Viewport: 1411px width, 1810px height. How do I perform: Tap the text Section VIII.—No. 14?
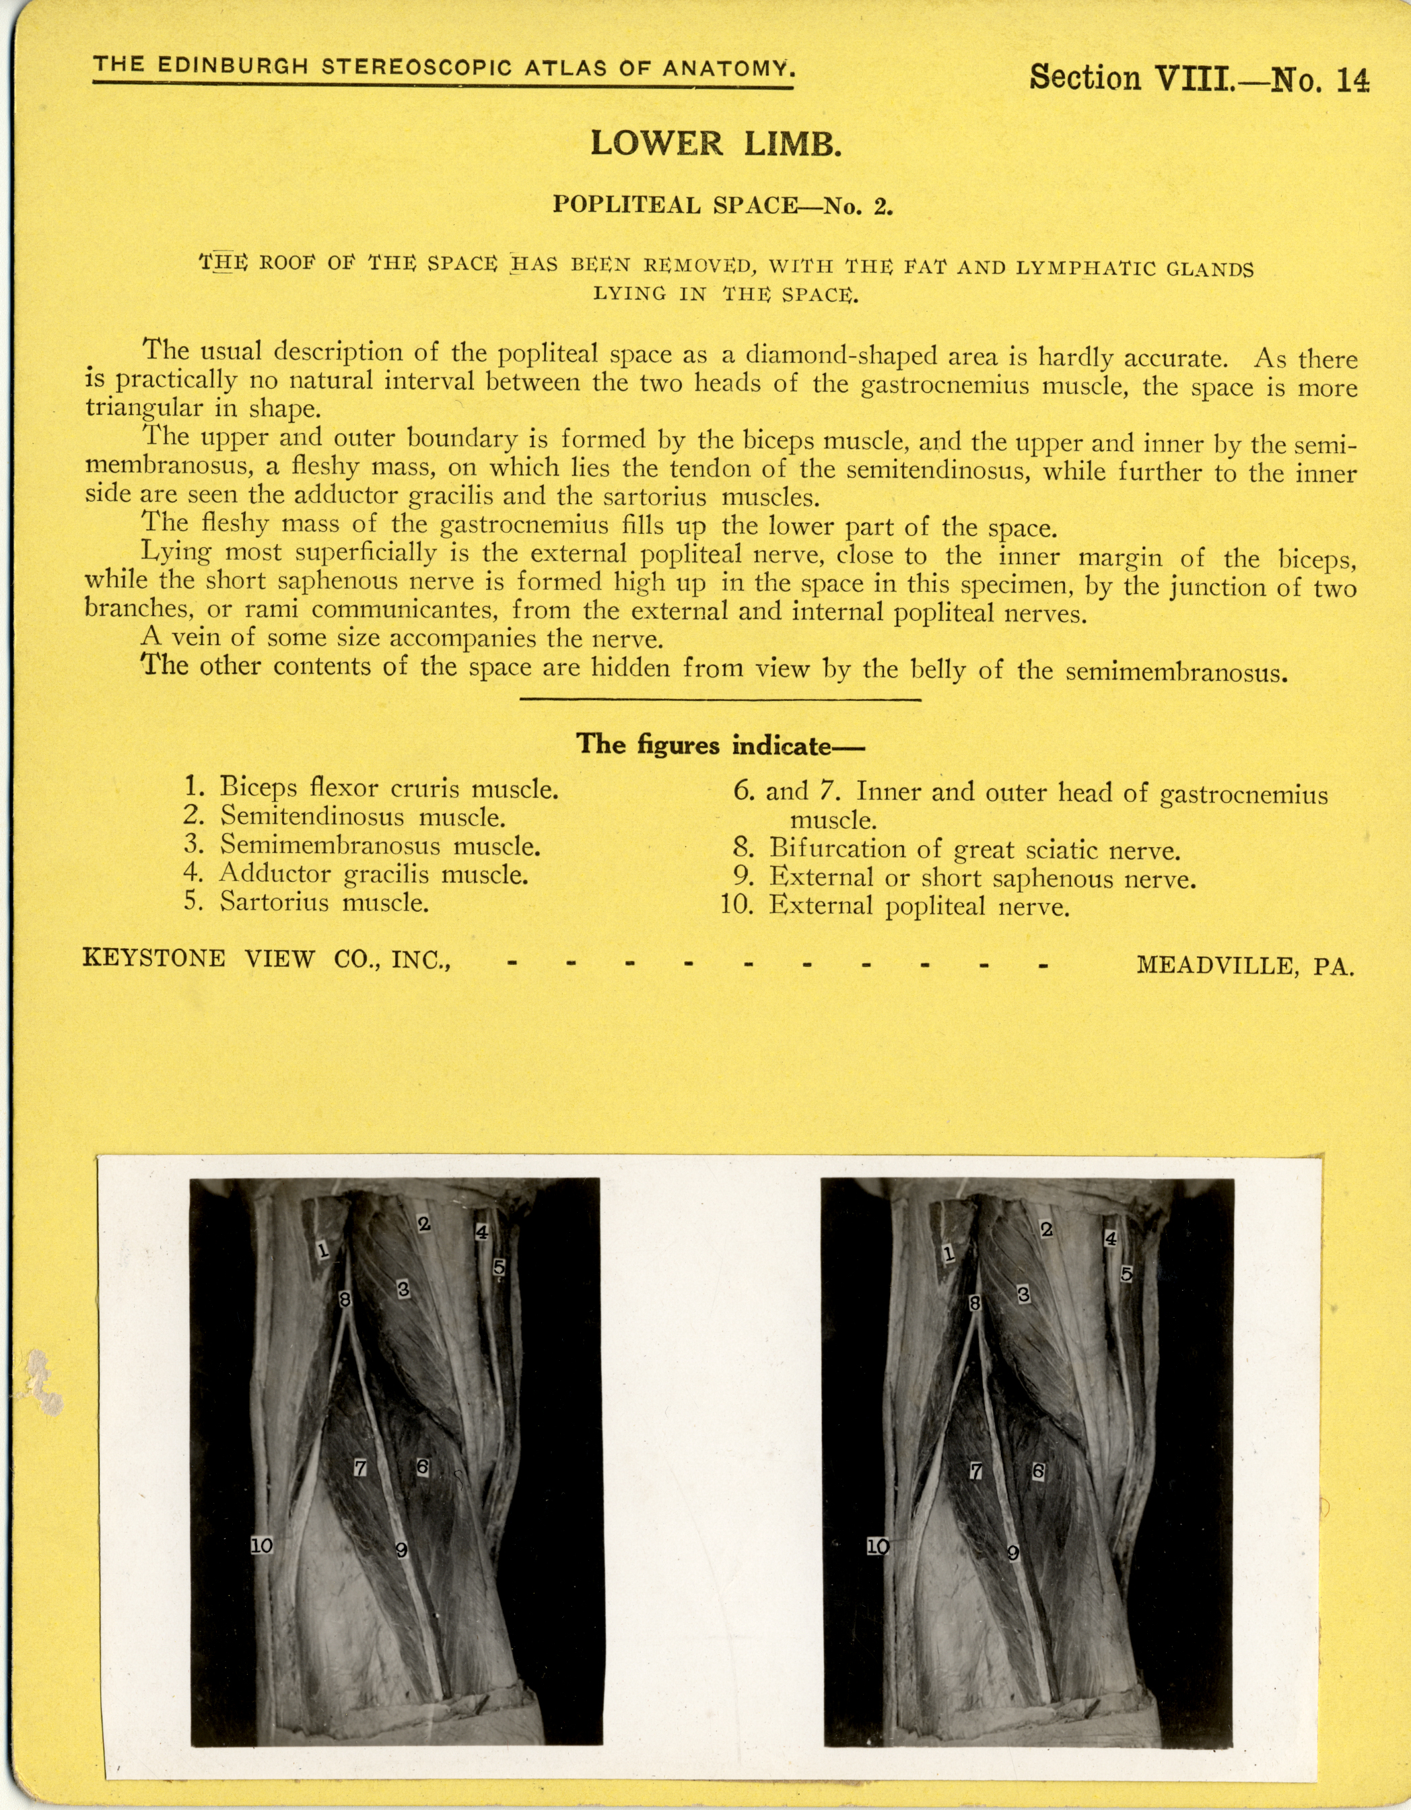click(1198, 79)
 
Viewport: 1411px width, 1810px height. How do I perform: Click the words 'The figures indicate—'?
click(720, 744)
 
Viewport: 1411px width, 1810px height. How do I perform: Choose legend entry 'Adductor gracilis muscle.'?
click(373, 873)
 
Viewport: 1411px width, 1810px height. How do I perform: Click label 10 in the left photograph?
click(261, 1545)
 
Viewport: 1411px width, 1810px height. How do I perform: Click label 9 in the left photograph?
click(402, 1550)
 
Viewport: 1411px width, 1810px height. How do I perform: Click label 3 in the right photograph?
click(1023, 1294)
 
